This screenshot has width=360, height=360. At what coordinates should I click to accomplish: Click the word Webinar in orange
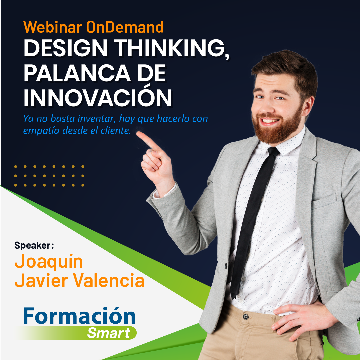click(x=53, y=27)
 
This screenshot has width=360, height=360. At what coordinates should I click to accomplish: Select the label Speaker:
click(x=34, y=245)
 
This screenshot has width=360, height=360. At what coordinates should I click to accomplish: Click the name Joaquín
click(x=49, y=261)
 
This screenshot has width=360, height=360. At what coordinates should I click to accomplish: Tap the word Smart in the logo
click(x=109, y=333)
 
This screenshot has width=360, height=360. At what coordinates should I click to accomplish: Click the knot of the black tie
click(x=273, y=152)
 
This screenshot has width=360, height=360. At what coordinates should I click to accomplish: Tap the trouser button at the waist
click(x=246, y=316)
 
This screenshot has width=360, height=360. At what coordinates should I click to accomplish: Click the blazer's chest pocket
click(x=324, y=202)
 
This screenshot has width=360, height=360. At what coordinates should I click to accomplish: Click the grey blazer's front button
click(x=226, y=266)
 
